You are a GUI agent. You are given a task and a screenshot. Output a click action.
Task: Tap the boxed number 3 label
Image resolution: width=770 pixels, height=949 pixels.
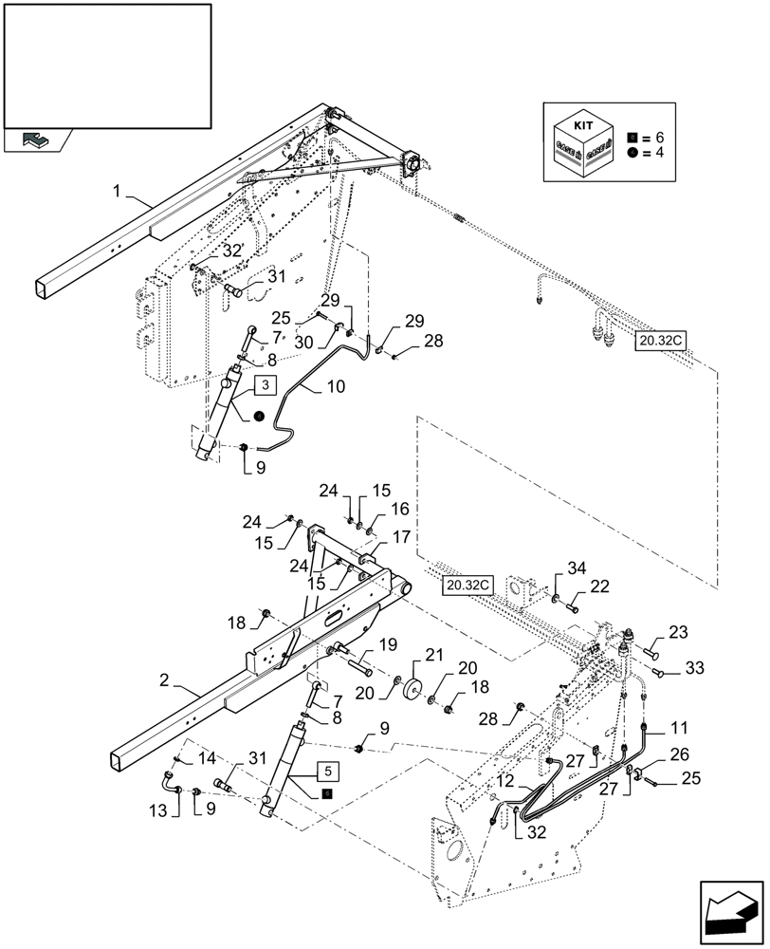click(266, 384)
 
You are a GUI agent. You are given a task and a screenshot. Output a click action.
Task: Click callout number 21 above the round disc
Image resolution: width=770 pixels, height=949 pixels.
click(433, 655)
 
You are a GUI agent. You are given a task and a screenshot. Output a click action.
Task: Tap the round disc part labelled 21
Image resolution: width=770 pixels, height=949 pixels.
click(414, 688)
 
